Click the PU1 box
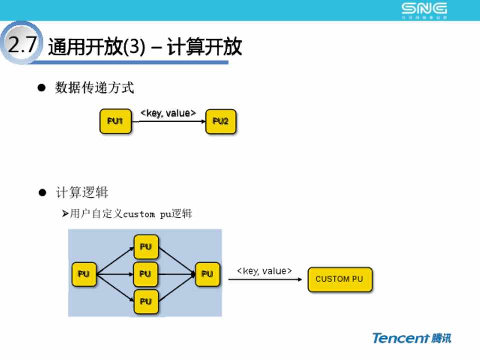[116, 121]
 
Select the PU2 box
[221, 121]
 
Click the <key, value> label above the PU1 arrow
[168, 113]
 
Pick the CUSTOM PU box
[340, 279]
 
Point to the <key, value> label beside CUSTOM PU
[264, 271]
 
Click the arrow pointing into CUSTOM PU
[265, 279]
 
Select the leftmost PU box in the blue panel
[84, 274]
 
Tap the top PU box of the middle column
[146, 247]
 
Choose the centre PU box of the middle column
[146, 274]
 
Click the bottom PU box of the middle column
[146, 301]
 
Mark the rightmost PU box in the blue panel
[207, 274]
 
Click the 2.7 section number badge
[21, 45]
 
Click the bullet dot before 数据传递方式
[42, 88]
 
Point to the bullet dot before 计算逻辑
[42, 193]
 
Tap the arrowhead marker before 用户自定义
[65, 214]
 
